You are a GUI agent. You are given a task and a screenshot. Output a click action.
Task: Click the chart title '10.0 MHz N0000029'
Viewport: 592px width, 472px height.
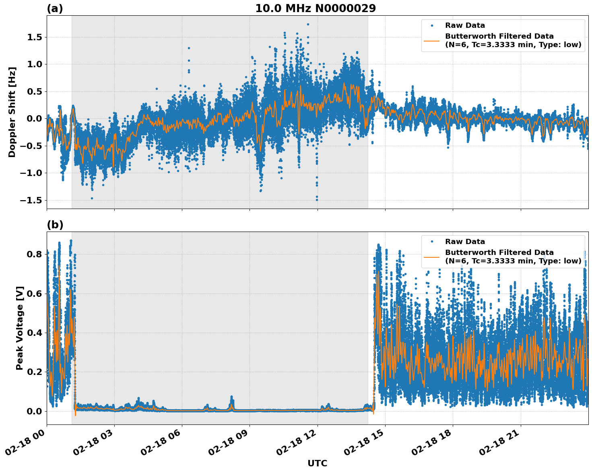pos(315,8)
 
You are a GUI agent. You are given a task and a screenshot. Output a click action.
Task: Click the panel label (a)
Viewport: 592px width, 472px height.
pos(55,8)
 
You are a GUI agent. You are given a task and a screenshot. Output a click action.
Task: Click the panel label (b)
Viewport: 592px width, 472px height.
pos(55,225)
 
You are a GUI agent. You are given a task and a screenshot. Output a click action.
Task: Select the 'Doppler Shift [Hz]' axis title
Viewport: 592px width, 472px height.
pos(12,112)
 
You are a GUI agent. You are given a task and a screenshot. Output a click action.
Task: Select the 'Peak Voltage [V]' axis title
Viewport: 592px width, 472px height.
pos(19,328)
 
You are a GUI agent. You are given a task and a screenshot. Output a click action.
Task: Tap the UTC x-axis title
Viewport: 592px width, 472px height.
pos(317,463)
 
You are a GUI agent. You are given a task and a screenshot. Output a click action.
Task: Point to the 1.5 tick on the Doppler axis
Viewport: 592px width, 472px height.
pos(34,37)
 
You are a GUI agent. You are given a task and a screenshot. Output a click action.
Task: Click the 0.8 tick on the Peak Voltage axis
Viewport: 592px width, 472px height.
pos(34,254)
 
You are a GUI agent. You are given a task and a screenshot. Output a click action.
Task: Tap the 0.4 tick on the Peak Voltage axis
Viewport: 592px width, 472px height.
pos(34,333)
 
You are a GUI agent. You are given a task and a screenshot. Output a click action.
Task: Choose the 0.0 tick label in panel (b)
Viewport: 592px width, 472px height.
pos(34,411)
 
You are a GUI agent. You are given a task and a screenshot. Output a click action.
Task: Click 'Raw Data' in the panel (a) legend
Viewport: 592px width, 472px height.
pos(465,25)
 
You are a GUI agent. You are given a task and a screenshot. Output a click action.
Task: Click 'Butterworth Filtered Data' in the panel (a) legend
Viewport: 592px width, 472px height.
pos(499,36)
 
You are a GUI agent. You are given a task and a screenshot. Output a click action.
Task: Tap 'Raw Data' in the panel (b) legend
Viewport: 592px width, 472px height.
pos(465,242)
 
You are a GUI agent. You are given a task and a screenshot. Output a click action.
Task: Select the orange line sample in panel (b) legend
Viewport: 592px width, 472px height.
pos(432,257)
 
